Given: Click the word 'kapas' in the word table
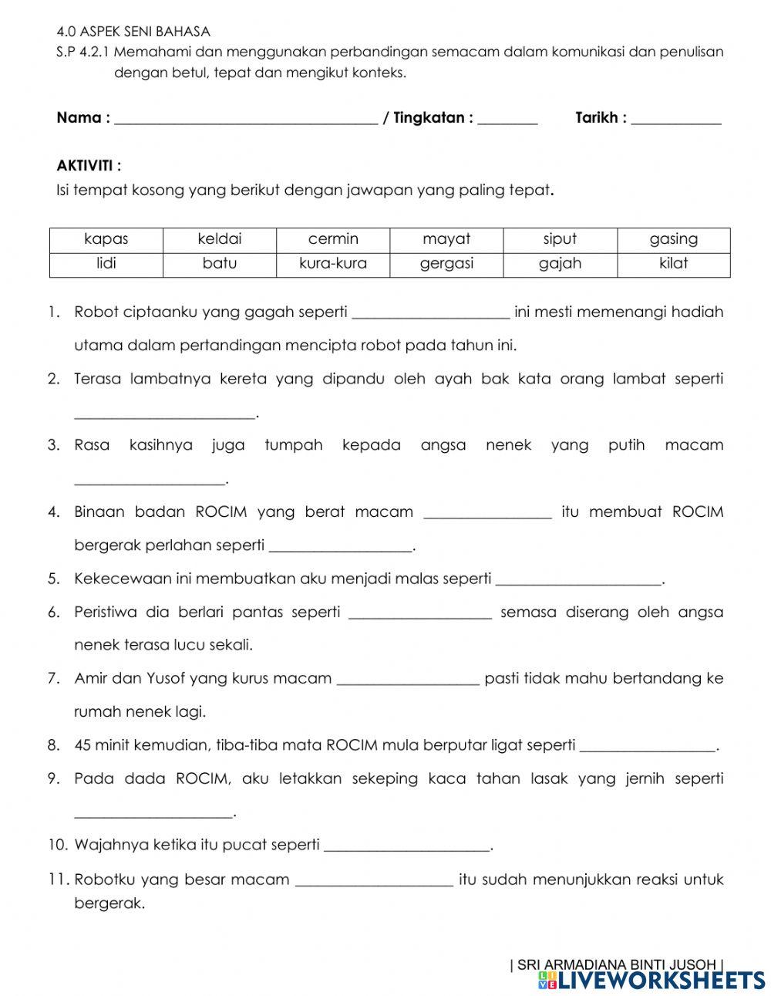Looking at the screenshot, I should coord(106,239).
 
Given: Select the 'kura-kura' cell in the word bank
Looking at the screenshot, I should coord(333,264).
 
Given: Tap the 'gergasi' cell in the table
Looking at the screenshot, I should coord(446,264).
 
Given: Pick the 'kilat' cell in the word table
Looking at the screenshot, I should coord(673,264).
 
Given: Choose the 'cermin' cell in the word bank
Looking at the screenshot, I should coord(333,239).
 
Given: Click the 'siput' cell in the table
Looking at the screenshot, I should coord(560,239).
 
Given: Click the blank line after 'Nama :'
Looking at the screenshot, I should coord(245,119).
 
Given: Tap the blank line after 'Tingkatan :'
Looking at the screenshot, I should coord(507,119).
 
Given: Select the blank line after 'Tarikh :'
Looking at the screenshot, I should coord(676,119).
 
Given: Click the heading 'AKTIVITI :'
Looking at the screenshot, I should coord(89,166).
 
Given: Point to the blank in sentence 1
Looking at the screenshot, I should coord(430,313).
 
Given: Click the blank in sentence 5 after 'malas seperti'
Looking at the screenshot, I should coord(579,579).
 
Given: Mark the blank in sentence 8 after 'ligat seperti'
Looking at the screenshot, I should coord(648,746).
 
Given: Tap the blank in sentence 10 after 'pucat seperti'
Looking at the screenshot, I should coord(407,846).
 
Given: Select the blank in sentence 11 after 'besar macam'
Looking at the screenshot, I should coord(375,881).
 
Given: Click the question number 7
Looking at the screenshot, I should coord(53,679).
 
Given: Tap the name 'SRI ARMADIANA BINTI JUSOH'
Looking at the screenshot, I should coord(617,964).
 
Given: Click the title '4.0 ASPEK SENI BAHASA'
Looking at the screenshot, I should coord(133,32).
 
